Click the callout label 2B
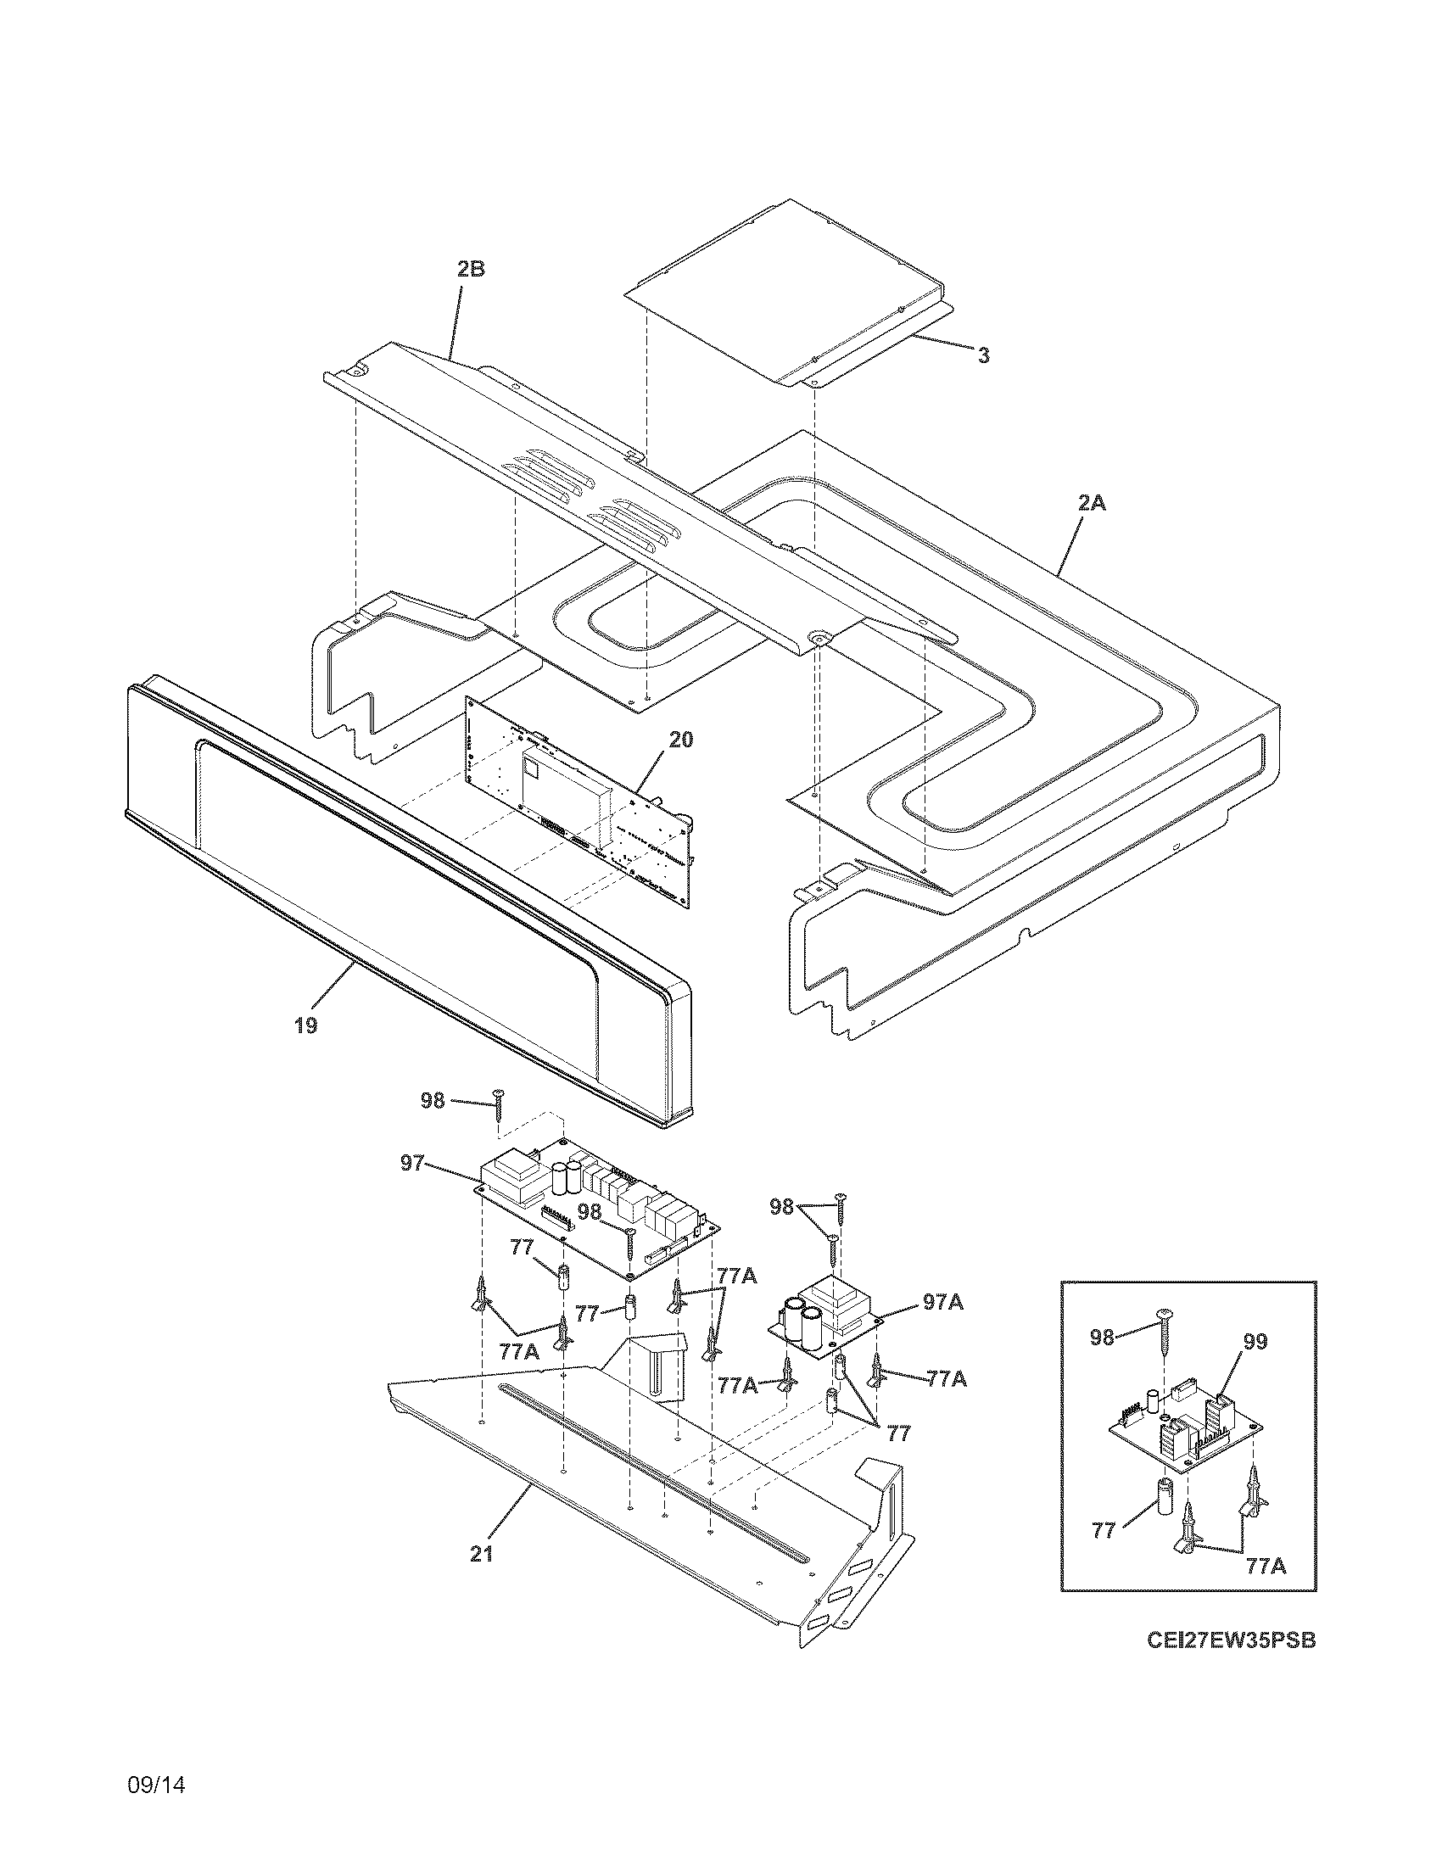(470, 269)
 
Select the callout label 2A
(1091, 503)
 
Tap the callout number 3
(983, 356)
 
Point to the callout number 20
(681, 740)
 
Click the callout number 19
(306, 1025)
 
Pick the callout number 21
(482, 1555)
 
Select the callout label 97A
(943, 1326)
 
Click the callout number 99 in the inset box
(1255, 1342)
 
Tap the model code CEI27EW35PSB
(1230, 1641)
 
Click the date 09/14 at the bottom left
(156, 1762)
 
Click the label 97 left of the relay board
(412, 1163)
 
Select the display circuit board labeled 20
(581, 803)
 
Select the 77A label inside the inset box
(1265, 1565)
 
